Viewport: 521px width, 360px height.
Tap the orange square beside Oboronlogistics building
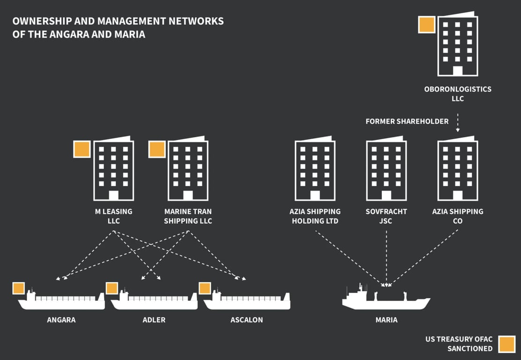click(x=426, y=25)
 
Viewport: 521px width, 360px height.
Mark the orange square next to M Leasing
click(x=82, y=149)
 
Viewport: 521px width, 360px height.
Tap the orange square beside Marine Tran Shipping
click(x=156, y=149)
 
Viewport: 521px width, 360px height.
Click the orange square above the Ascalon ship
click(x=205, y=288)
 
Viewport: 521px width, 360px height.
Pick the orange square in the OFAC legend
click(x=506, y=344)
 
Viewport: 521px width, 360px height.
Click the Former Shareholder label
click(x=407, y=121)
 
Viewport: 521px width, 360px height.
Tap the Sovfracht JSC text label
click(x=386, y=216)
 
